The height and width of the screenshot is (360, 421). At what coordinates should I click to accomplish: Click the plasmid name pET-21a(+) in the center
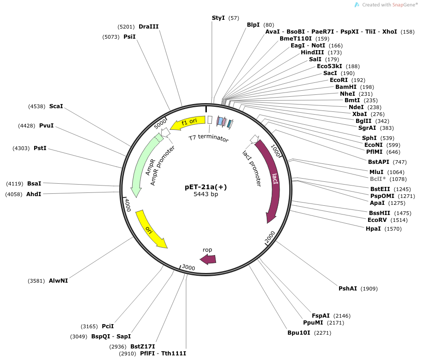coord(206,187)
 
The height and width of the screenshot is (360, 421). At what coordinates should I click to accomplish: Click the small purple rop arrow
coord(208,259)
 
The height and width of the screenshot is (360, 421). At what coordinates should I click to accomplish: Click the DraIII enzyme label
coord(148,27)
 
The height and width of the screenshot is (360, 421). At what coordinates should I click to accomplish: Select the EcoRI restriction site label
coord(339,80)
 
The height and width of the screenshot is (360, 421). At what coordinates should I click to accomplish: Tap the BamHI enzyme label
coord(345,87)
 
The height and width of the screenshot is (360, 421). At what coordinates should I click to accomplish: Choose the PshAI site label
coord(348,289)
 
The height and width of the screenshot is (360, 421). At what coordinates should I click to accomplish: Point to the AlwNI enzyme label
coord(58,280)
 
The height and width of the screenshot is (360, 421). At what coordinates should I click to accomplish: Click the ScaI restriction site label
coord(56,106)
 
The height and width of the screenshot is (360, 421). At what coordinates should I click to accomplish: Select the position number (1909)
coord(369,289)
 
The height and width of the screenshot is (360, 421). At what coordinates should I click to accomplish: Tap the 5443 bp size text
coord(206,195)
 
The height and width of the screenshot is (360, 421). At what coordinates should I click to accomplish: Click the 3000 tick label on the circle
coord(189,267)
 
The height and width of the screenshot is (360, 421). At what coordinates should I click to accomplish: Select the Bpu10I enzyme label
coord(299,332)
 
